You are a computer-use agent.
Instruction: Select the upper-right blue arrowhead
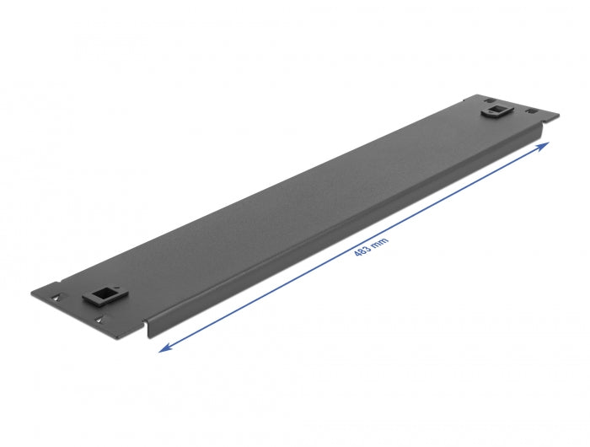[x=544, y=145]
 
